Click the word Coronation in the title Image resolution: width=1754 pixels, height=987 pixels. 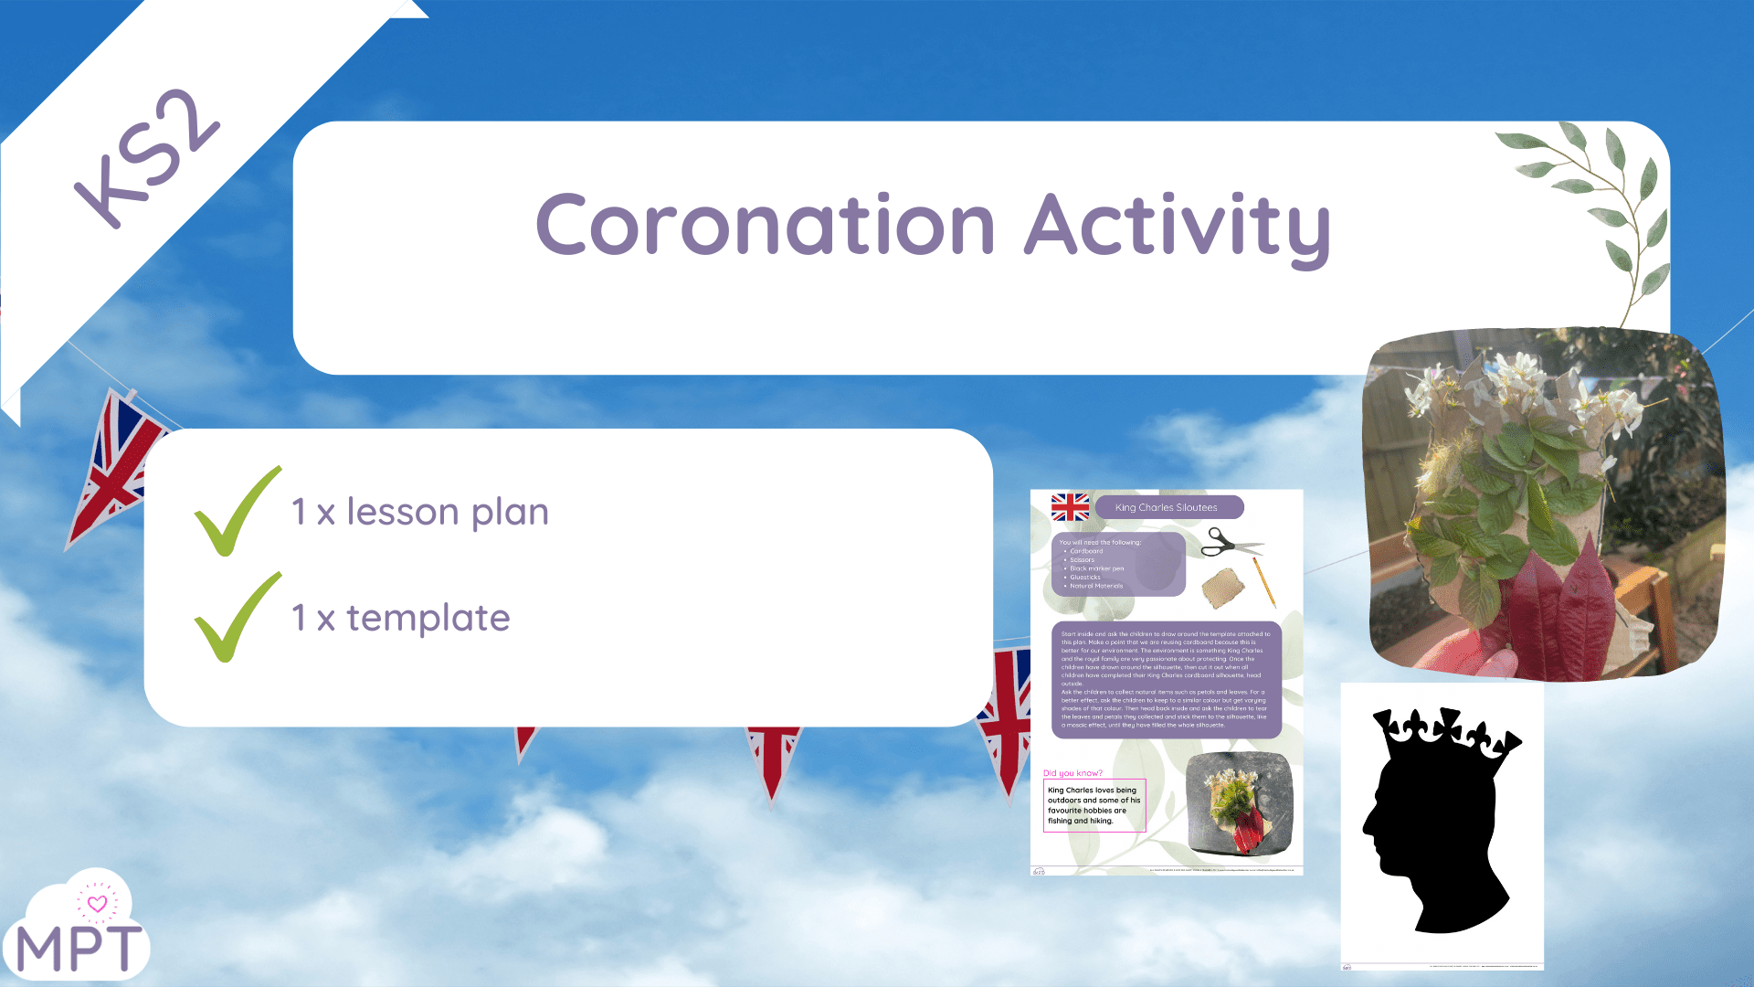(x=765, y=225)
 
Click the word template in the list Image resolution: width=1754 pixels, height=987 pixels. (x=428, y=619)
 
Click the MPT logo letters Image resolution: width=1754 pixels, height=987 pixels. (x=79, y=949)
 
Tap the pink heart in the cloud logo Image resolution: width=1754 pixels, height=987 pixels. (x=97, y=904)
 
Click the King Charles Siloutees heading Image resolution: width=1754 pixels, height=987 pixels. (x=1167, y=507)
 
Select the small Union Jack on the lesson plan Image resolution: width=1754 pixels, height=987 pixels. (x=1070, y=506)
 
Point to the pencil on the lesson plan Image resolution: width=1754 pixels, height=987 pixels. (x=1264, y=582)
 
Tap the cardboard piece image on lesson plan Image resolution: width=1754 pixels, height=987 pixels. (x=1223, y=588)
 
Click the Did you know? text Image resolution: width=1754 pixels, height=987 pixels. (x=1072, y=773)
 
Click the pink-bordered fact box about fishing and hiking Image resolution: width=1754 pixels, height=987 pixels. (x=1094, y=805)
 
